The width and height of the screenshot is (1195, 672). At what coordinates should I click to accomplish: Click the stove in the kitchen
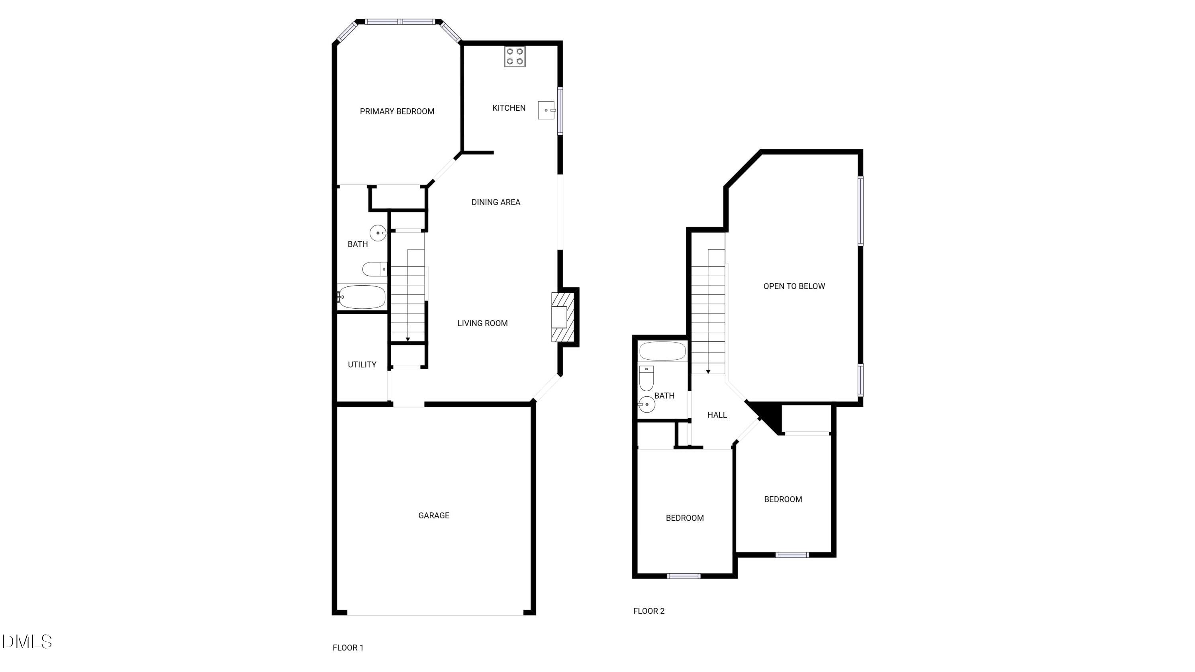pos(515,57)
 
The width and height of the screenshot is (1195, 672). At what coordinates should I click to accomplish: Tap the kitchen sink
pos(547,110)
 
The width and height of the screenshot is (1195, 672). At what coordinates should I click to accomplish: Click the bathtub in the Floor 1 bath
pos(362,297)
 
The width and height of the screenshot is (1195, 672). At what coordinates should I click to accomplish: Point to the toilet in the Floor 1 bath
pos(374,269)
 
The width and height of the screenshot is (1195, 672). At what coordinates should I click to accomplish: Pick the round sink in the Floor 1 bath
pos(378,233)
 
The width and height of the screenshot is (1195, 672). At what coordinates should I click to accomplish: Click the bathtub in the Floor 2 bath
pos(662,351)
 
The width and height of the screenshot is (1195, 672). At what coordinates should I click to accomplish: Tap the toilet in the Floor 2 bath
pos(646,378)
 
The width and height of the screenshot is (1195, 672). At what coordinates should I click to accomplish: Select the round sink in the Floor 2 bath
pos(646,404)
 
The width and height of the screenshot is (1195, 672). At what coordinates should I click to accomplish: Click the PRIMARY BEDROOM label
pos(397,111)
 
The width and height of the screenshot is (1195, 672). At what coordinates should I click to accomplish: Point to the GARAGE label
pos(434,515)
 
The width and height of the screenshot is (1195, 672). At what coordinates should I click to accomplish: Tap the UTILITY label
pos(362,364)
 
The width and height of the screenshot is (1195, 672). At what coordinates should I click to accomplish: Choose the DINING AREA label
pos(496,202)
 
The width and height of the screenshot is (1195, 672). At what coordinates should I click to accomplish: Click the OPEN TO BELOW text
pos(794,286)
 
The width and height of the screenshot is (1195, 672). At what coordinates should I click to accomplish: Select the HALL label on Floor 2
pos(717,415)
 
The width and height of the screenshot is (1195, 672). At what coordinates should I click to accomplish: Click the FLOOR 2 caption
pos(648,611)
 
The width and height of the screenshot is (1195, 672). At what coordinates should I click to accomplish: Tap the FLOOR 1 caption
pos(348,648)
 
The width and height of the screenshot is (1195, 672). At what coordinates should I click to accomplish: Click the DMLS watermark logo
pos(27,642)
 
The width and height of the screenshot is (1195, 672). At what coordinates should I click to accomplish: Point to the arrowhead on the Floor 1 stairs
pos(408,339)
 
